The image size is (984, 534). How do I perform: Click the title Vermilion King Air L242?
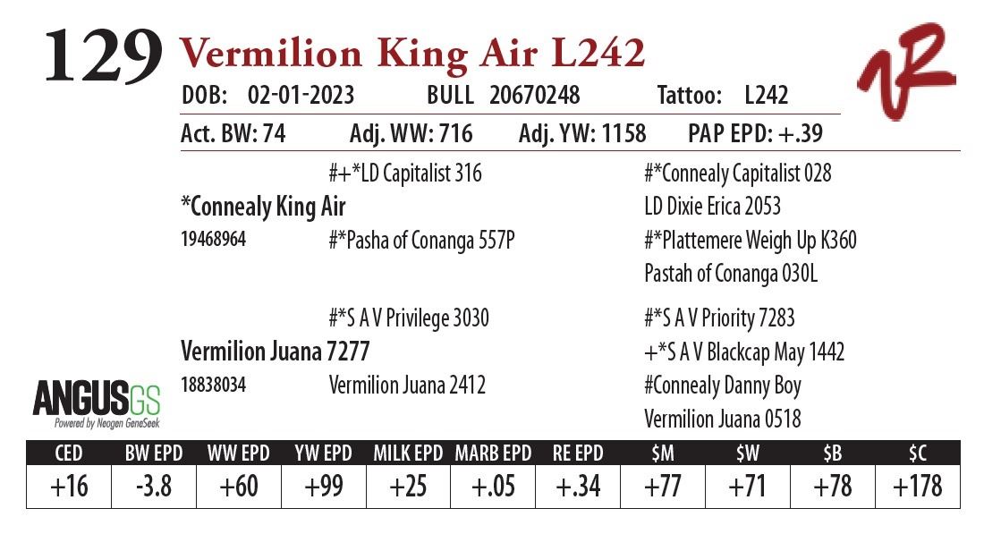412,55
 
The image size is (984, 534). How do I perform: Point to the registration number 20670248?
534,95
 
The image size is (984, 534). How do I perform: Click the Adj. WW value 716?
455,134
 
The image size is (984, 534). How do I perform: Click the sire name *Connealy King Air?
262,207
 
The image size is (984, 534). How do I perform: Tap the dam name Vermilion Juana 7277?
275,351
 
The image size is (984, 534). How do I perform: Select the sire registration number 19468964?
213,240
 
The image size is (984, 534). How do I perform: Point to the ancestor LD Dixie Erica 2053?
712,207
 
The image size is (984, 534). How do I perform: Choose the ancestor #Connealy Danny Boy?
722,386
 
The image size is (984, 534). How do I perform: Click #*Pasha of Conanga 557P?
421,241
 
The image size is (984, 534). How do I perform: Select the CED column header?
69,453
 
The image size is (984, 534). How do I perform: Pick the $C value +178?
916,487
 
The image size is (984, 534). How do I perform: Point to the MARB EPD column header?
493,453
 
